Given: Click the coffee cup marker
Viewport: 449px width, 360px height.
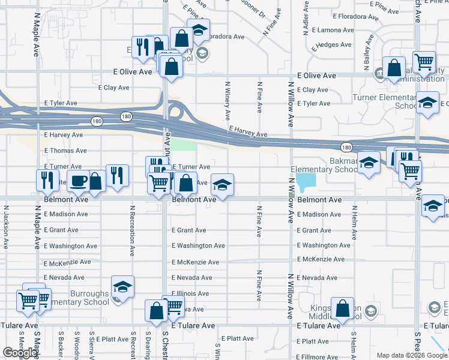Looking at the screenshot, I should point(78,179).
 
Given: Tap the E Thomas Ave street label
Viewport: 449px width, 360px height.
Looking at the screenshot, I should point(63,151).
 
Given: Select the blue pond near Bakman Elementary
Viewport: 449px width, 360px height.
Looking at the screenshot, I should point(305,180).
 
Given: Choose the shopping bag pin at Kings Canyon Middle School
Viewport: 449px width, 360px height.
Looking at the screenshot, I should point(342,309).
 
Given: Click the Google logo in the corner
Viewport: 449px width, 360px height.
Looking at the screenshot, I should point(20,353).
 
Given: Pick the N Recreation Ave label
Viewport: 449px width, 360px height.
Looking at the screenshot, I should point(132,226).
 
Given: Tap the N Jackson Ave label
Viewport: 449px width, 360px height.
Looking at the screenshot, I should point(6,228).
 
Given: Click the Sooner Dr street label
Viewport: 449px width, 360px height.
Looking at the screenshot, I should point(253,9).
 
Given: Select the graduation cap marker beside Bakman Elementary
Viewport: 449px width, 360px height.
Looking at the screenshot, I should point(369,162).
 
